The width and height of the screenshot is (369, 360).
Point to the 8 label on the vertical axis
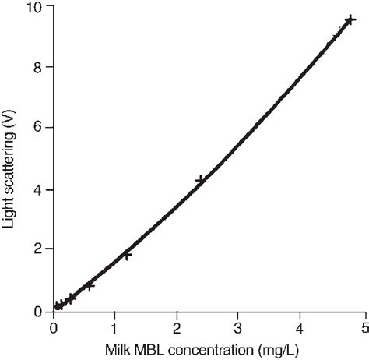pyautogui.click(x=38, y=67)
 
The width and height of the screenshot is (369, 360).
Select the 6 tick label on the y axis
pyautogui.click(x=38, y=128)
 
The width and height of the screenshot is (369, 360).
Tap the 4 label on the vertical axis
pyautogui.click(x=38, y=189)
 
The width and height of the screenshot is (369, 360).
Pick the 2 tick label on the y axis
pyautogui.click(x=38, y=250)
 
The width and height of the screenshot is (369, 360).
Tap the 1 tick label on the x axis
pyautogui.click(x=114, y=327)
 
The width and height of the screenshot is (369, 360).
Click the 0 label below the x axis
pyautogui.click(x=53, y=327)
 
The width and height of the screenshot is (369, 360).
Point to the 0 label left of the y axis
pyautogui.click(x=38, y=312)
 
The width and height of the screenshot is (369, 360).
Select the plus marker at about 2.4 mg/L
pyautogui.click(x=201, y=180)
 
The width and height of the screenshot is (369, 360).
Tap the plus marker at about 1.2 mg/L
pyautogui.click(x=127, y=254)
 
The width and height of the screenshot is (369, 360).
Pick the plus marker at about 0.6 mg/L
pyautogui.click(x=90, y=286)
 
